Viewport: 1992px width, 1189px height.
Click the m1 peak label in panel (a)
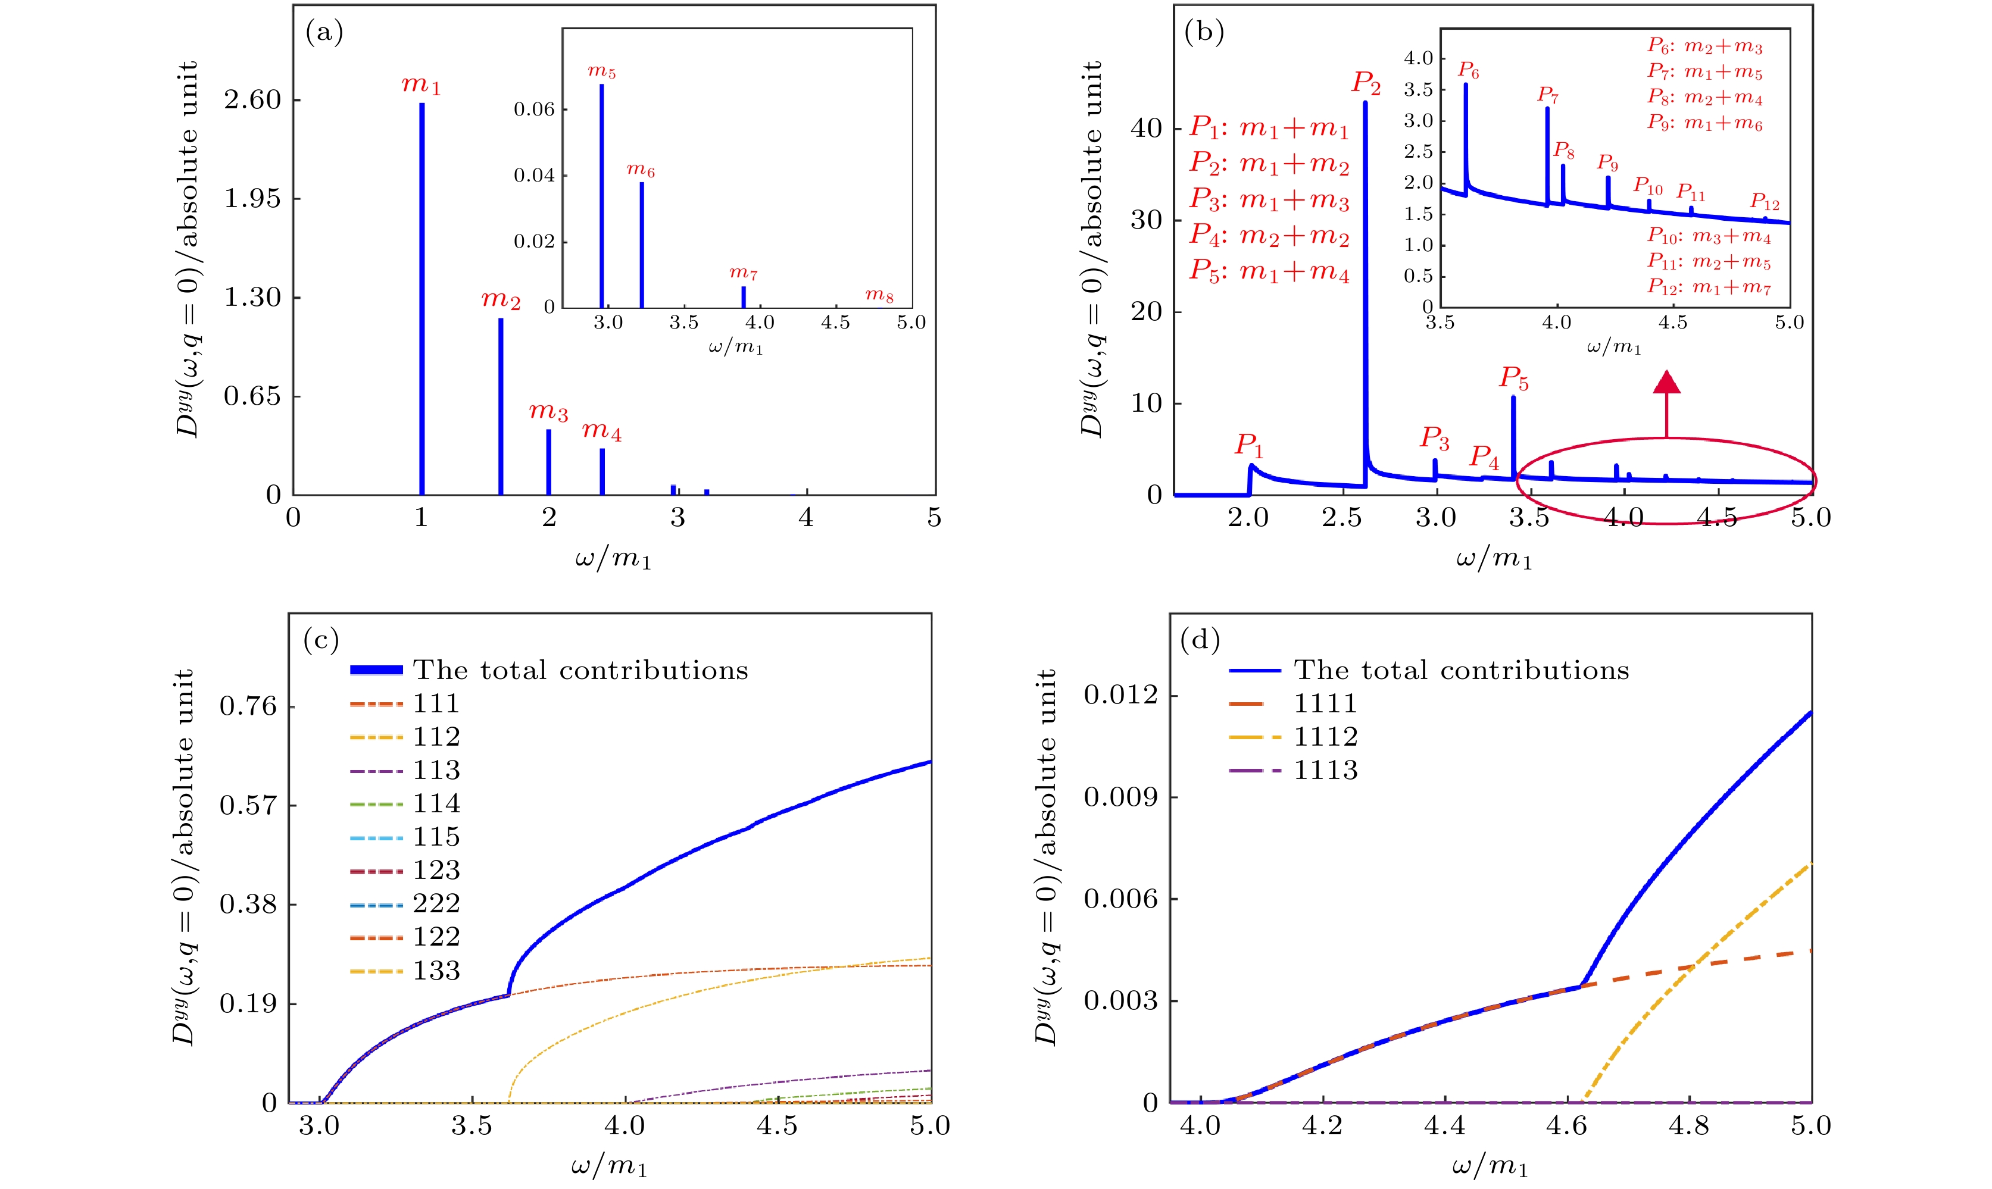421,85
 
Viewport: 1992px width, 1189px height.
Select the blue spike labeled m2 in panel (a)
501,405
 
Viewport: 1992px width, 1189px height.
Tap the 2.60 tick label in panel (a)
252,100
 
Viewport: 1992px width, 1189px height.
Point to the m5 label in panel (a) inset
602,71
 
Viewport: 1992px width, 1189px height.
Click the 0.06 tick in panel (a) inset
535,109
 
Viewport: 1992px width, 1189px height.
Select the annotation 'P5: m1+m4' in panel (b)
1269,271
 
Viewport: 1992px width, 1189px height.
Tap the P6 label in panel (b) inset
1469,70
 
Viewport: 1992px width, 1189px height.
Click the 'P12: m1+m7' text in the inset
1709,287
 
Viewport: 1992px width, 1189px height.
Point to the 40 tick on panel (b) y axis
1146,128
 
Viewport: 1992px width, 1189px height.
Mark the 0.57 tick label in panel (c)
248,805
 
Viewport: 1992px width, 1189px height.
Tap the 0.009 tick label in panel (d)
1120,797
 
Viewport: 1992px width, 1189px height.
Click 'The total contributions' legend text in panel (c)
580,670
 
